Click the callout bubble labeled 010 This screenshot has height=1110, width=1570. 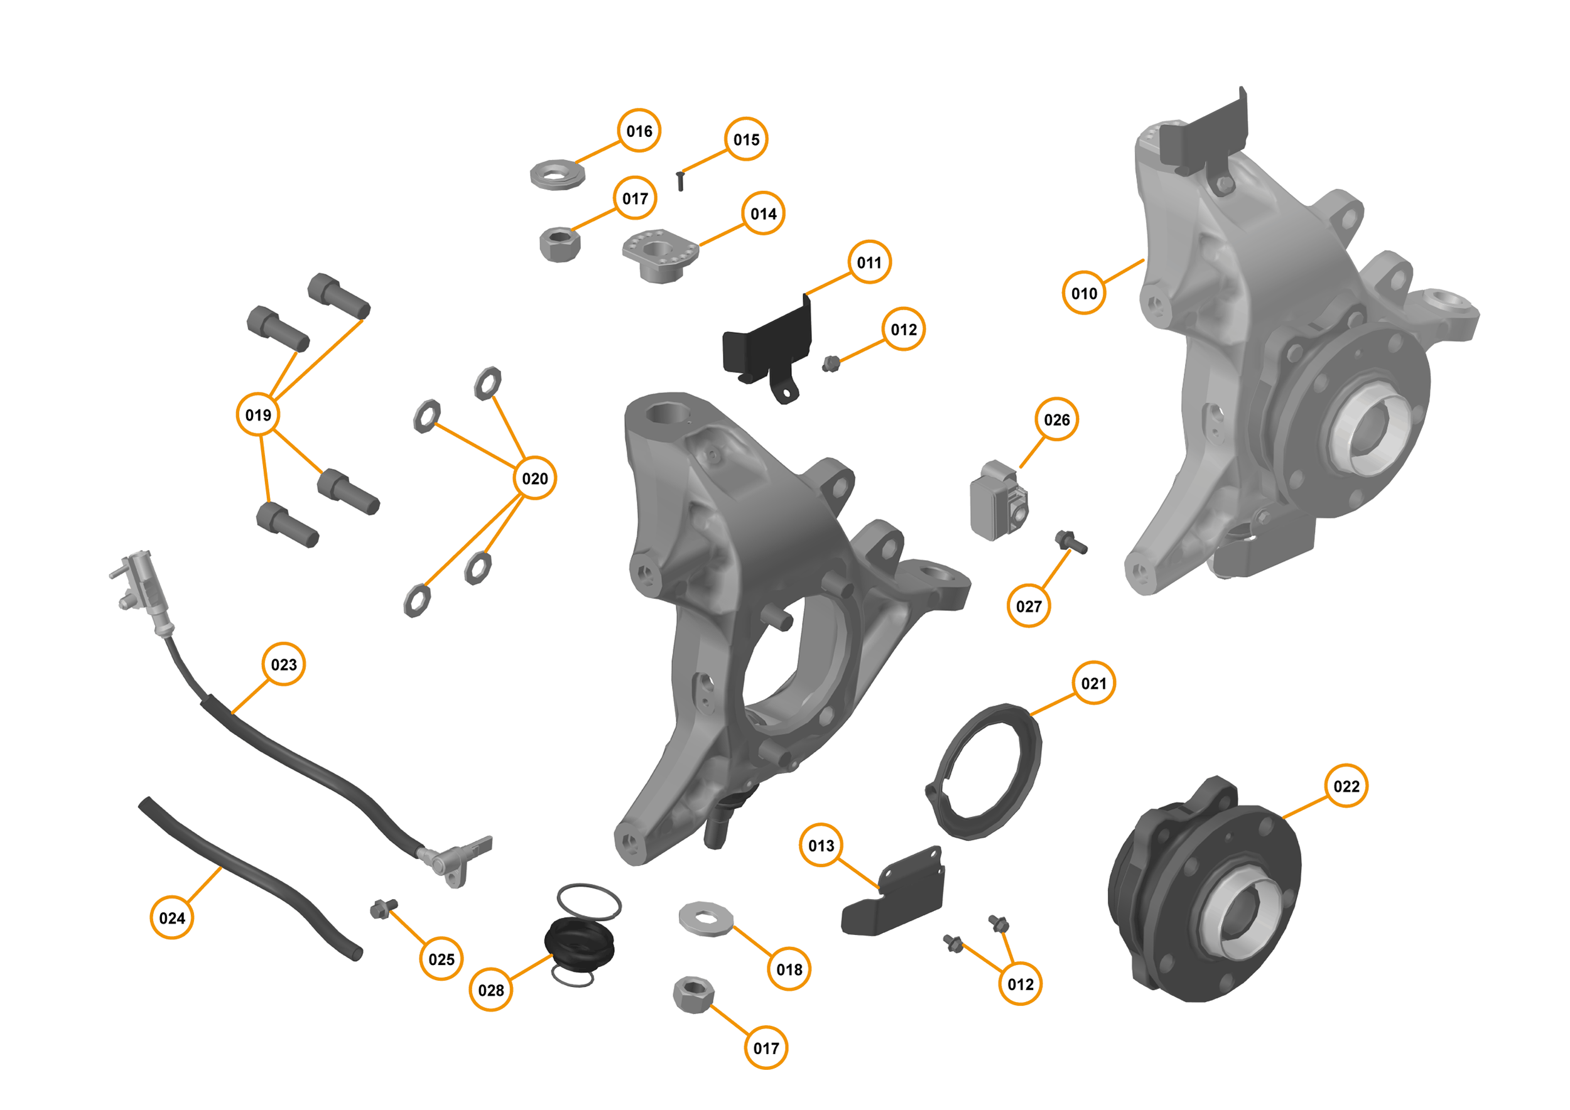1084,293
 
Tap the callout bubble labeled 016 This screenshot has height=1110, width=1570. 639,131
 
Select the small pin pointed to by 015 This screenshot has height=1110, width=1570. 679,181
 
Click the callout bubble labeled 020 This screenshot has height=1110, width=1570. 534,478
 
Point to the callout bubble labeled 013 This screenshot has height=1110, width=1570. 821,846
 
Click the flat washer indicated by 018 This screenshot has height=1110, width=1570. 706,919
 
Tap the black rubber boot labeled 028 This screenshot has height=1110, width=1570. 579,942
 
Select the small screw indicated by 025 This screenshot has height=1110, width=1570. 383,908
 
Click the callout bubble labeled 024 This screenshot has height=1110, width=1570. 171,918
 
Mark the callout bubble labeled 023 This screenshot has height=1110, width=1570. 284,664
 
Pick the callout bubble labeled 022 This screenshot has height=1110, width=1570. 1346,786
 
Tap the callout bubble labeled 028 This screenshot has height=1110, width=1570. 491,989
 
